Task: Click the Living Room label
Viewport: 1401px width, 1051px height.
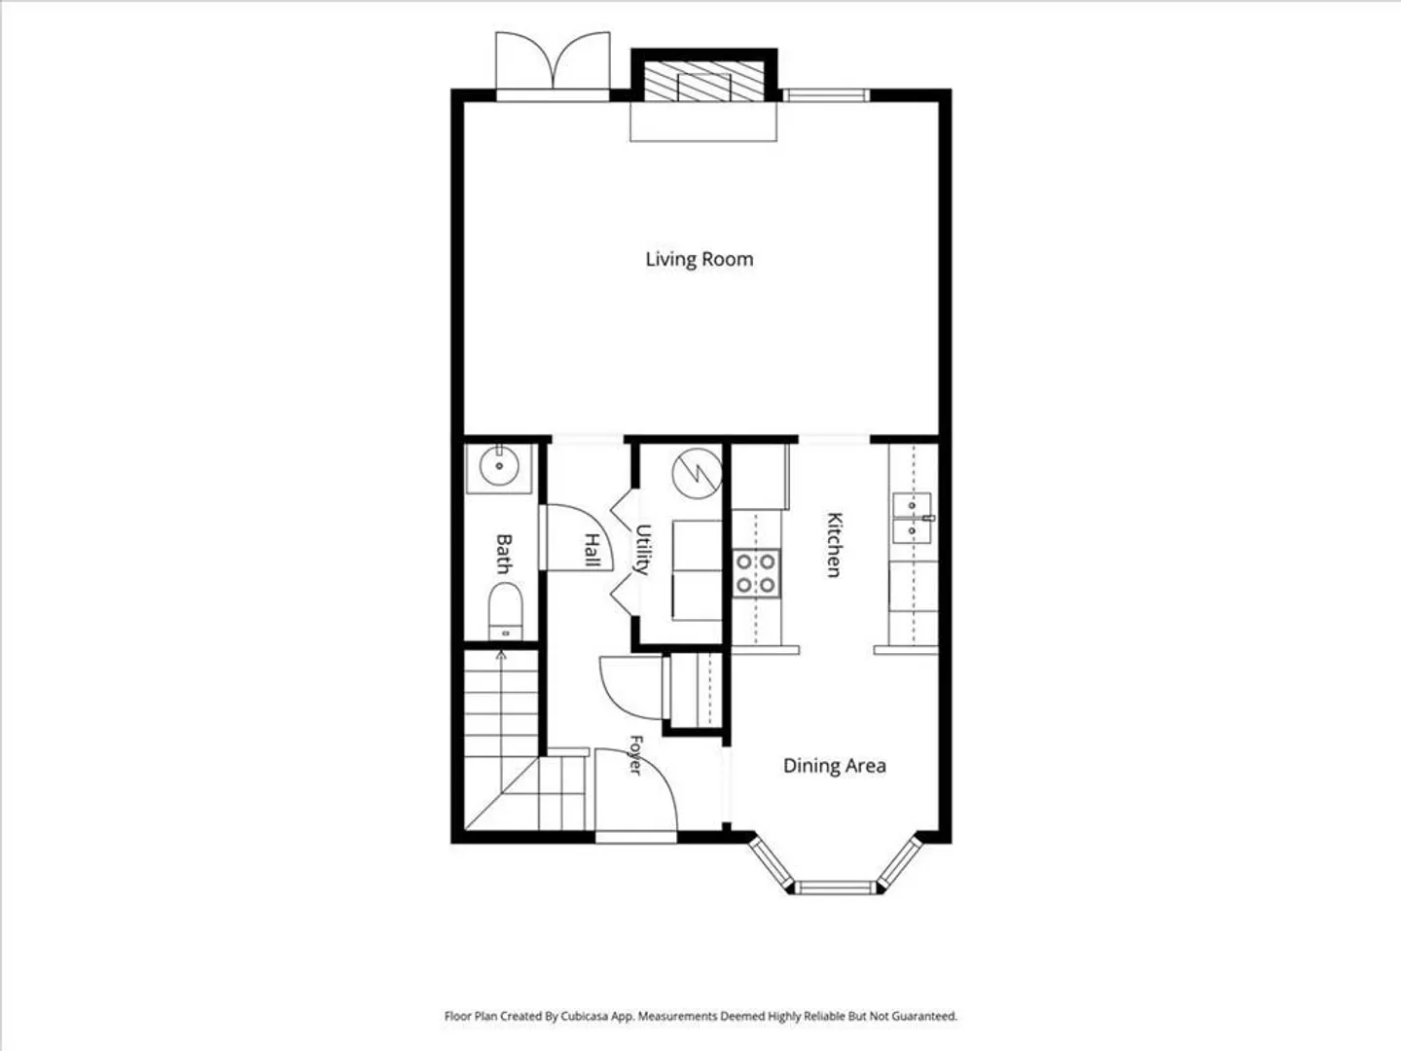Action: [699, 260]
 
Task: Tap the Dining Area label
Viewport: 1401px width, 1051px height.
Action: [834, 766]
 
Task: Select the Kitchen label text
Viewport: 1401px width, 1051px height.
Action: [834, 544]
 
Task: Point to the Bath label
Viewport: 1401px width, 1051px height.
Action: [504, 554]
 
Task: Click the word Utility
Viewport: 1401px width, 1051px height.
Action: [643, 550]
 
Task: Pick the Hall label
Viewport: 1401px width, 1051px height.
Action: [593, 550]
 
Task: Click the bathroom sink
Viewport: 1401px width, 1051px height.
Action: [499, 468]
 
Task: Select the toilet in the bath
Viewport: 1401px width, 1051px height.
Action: [506, 611]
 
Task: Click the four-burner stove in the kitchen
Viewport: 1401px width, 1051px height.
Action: [756, 573]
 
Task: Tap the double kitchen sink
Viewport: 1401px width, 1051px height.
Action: [912, 518]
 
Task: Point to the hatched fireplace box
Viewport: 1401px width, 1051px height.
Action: [704, 81]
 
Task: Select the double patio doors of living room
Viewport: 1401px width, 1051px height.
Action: [553, 66]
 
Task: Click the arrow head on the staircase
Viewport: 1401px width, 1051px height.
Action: [501, 655]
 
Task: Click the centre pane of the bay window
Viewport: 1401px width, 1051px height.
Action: [835, 888]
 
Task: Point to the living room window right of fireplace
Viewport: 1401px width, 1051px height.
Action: [827, 95]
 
